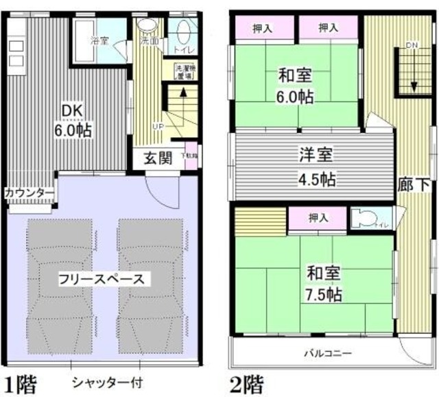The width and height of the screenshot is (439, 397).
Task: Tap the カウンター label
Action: (29, 193)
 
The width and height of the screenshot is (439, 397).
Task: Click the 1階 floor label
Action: (21, 382)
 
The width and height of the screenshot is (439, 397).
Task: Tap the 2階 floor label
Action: (245, 382)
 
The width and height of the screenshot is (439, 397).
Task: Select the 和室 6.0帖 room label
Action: (296, 86)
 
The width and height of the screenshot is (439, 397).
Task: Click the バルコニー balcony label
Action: (328, 354)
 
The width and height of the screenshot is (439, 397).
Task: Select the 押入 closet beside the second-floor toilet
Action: (317, 218)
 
